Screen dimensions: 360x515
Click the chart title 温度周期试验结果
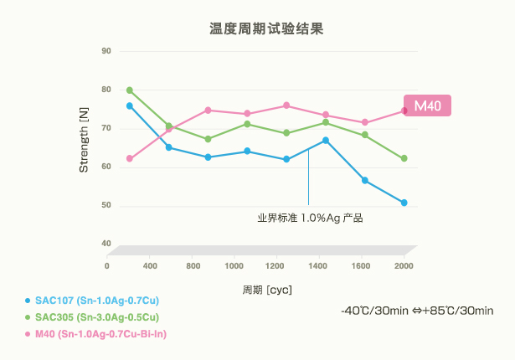(265, 28)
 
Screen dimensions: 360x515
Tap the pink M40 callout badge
(428, 105)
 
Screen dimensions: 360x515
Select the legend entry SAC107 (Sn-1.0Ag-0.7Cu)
(92, 300)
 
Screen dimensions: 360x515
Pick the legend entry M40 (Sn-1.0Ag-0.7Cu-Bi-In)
(100, 334)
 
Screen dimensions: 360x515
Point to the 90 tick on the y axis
(106, 51)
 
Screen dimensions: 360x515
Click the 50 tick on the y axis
(106, 205)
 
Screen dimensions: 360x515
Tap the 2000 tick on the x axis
(404, 265)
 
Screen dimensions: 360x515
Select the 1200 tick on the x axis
(277, 265)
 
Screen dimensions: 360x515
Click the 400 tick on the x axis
(151, 265)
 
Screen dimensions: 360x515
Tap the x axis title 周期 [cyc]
(265, 290)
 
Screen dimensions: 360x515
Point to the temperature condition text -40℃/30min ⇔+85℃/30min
(417, 311)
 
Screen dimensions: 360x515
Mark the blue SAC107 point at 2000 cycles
(404, 203)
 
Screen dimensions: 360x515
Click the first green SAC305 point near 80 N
(130, 90)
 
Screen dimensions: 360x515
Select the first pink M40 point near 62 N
(130, 159)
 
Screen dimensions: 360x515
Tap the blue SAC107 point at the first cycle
(130, 106)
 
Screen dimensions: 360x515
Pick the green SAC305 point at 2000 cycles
(404, 158)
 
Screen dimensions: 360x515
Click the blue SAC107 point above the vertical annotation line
(326, 140)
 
